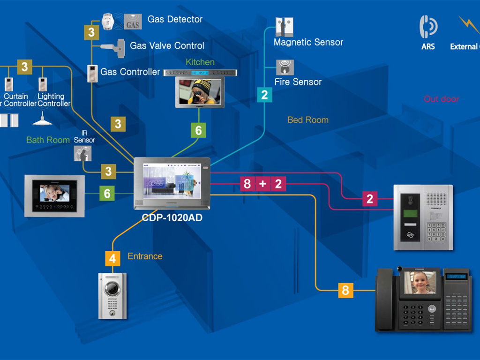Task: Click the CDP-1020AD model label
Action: coord(172,218)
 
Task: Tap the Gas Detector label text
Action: coord(175,19)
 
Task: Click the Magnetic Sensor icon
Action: coord(284,27)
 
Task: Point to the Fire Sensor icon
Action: coord(284,67)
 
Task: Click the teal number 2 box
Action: coord(264,95)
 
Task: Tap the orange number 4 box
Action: coord(112,258)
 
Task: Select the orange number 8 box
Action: coord(345,290)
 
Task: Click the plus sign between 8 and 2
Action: coord(262,184)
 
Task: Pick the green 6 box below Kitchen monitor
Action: coord(198,130)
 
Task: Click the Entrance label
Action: coord(145,256)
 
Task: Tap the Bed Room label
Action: coord(308,120)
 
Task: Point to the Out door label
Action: coord(441,99)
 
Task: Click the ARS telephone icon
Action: coord(428,27)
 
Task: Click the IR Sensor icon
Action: coord(82,153)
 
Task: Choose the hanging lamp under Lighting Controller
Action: coord(43,120)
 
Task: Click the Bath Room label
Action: coord(48,140)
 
